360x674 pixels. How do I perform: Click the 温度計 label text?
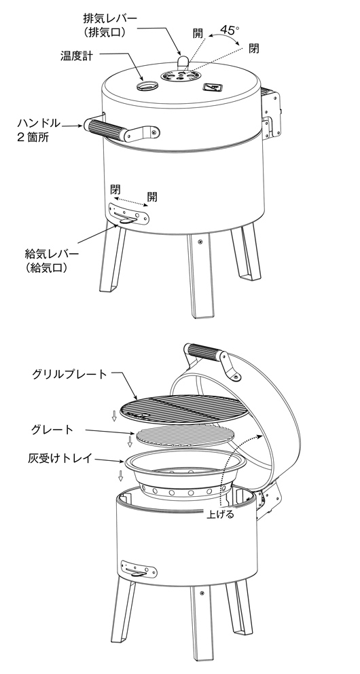coord(77,56)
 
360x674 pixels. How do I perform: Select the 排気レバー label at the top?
coord(110,18)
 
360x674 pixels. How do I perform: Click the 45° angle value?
coord(230,30)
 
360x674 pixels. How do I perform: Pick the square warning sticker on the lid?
coord(212,88)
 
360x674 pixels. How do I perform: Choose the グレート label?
coord(52,430)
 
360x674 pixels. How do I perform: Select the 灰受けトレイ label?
coord(59,458)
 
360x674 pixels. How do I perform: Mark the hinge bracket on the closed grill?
coord(271,114)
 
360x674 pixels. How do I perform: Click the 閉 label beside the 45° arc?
coord(254,49)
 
